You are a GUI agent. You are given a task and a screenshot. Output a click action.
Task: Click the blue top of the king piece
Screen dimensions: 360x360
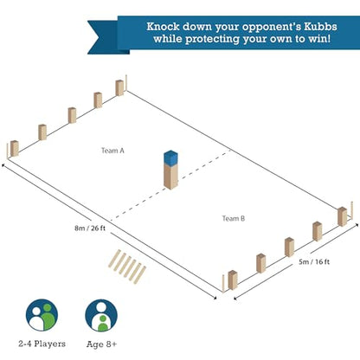(170, 158)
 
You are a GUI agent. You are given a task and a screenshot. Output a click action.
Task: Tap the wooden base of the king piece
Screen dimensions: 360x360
(170, 177)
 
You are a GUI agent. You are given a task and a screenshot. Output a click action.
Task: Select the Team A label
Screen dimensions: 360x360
(112, 151)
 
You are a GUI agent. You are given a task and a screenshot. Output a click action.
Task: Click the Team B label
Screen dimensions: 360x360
(234, 218)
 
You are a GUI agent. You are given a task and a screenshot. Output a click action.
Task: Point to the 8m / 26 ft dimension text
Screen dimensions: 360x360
(90, 228)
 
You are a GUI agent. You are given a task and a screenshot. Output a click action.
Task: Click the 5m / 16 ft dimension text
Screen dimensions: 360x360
(314, 261)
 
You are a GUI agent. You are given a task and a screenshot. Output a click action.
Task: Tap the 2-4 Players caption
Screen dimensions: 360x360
(42, 344)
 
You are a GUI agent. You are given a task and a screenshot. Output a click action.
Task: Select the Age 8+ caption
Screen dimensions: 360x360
(101, 344)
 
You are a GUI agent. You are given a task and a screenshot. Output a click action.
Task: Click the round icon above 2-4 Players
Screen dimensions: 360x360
(42, 315)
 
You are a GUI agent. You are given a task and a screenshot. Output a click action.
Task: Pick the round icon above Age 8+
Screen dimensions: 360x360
(101, 315)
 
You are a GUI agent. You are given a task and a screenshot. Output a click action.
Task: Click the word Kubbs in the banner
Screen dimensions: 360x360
(320, 27)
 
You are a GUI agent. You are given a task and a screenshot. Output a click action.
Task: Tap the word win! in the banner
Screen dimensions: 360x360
(319, 39)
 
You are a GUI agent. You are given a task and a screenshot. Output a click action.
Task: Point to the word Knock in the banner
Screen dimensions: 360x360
(163, 27)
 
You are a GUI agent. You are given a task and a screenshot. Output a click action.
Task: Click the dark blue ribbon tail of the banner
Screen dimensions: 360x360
(106, 37)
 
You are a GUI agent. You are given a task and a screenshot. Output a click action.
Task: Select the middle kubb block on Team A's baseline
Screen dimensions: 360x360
(72, 115)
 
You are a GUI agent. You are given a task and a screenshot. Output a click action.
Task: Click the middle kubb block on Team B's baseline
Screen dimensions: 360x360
(289, 247)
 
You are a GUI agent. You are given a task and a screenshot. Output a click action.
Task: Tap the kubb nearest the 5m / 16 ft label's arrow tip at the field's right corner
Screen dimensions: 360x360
(343, 216)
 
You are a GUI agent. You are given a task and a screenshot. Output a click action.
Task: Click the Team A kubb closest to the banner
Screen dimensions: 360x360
(119, 88)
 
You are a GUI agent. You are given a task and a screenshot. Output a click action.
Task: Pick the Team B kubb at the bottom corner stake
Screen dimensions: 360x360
(233, 280)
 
